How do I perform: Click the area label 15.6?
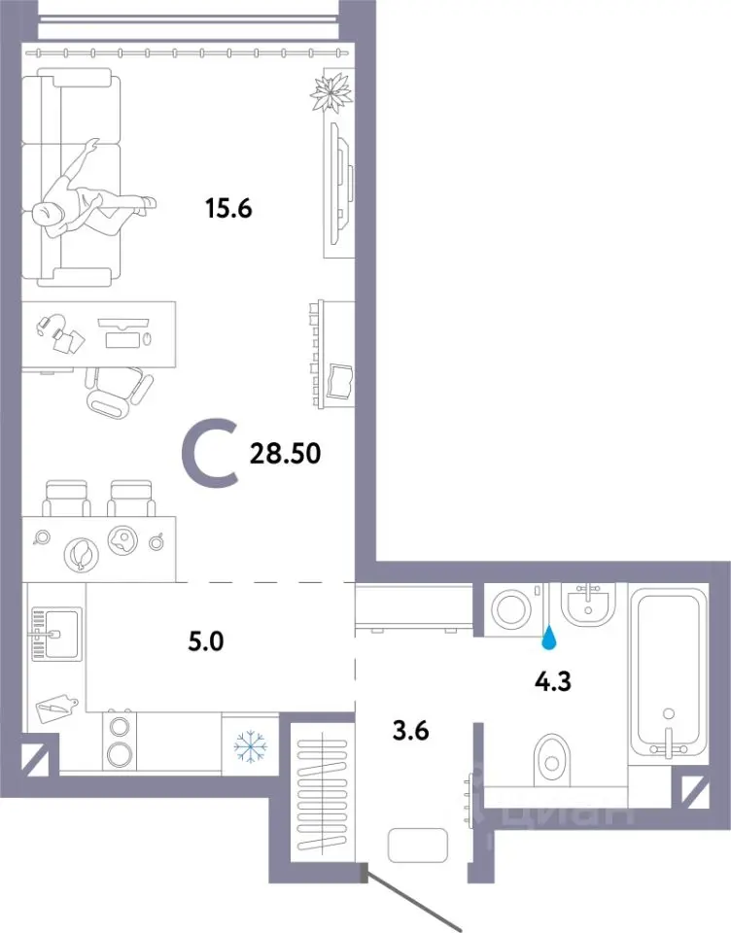[228, 208]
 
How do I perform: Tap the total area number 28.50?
[285, 454]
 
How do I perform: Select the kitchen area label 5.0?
[206, 642]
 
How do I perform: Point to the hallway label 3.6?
[411, 730]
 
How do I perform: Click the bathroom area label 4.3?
[553, 681]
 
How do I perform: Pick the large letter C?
[210, 454]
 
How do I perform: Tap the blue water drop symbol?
[549, 639]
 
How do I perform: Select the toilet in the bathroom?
[552, 760]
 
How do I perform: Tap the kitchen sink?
[56, 635]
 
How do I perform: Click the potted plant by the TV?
[331, 91]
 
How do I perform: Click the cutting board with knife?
[57, 708]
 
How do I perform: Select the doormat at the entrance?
[417, 845]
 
